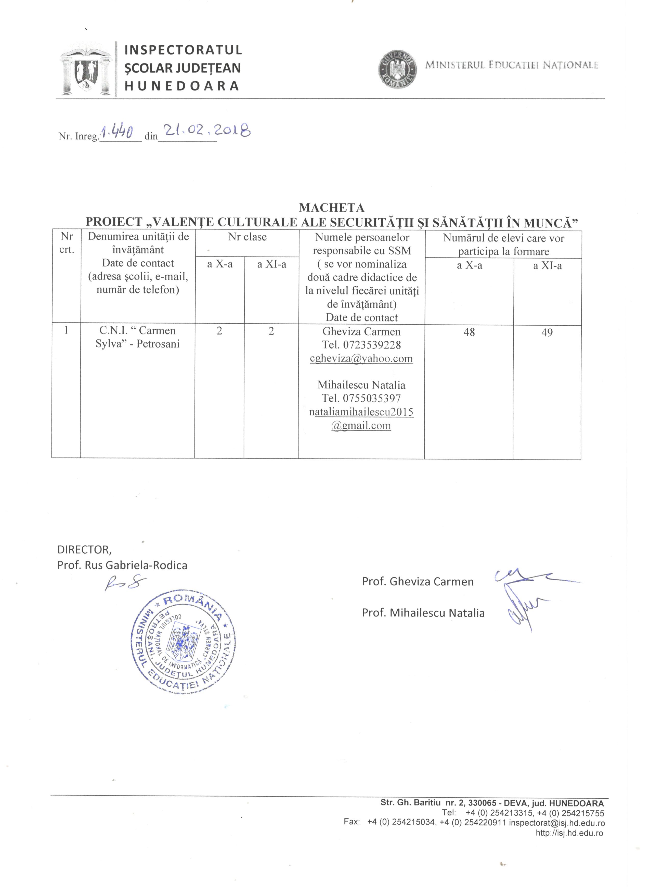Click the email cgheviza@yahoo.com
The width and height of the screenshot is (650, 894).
[361, 358]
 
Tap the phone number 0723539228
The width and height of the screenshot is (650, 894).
[372, 345]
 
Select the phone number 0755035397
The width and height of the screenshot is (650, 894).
[372, 398]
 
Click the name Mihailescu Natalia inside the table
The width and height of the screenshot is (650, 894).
[361, 385]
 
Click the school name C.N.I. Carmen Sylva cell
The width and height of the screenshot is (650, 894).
[137, 337]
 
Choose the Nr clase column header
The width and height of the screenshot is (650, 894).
[248, 237]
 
